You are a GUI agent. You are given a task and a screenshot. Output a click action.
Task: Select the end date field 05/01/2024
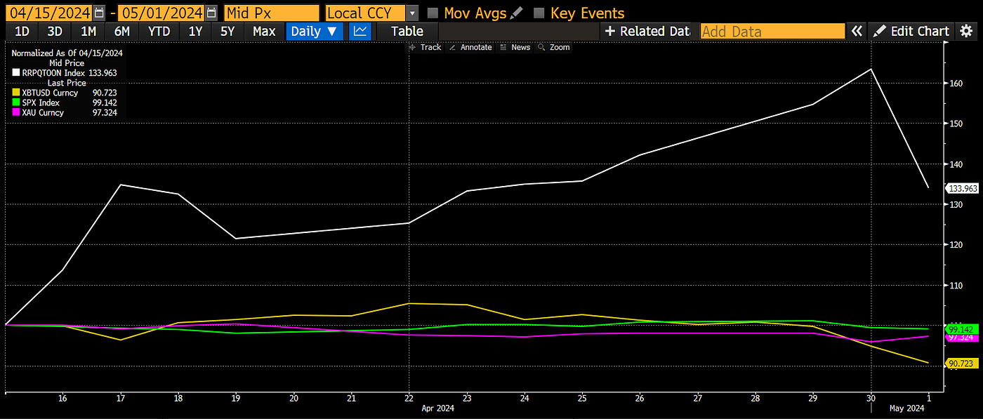161,13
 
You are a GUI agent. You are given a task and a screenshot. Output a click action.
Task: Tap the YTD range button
159,31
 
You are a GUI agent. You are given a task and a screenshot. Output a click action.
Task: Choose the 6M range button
121,31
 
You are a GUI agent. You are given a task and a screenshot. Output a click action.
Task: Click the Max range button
264,31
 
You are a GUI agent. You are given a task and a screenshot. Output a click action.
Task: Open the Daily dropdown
314,31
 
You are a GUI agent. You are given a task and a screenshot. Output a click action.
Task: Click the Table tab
407,31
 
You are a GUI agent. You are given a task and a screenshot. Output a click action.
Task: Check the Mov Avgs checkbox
433,13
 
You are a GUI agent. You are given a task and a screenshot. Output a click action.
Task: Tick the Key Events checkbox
539,13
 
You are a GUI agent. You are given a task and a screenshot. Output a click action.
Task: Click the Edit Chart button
911,31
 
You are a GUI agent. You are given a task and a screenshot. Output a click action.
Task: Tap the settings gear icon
967,31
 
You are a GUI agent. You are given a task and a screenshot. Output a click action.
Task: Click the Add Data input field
772,31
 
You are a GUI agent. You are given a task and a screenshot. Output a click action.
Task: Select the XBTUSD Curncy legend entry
50,93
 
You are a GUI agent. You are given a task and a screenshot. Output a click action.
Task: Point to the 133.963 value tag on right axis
963,188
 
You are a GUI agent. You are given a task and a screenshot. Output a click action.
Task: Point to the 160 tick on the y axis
956,84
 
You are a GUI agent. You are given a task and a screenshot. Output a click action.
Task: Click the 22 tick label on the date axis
409,398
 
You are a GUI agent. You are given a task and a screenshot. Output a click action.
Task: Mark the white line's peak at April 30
871,69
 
